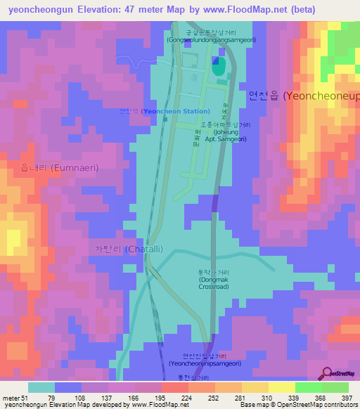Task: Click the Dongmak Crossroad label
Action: (214, 279)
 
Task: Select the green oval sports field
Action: (218, 67)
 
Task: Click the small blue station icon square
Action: (165, 118)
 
